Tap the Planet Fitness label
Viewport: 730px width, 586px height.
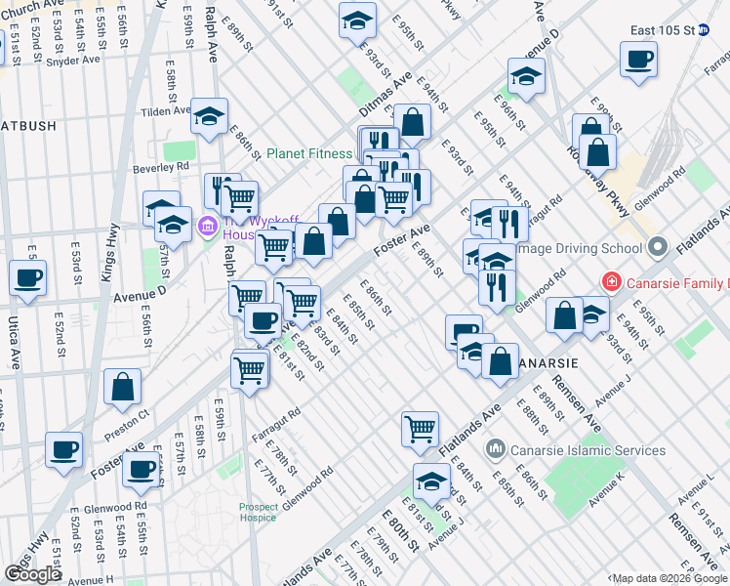309,153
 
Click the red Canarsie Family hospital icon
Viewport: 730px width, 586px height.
611,282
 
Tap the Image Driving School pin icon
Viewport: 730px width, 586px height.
656,245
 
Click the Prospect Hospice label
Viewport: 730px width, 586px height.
258,512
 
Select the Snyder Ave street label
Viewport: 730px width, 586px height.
73,60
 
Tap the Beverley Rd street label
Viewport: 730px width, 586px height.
160,167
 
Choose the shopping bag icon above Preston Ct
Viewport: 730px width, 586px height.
124,386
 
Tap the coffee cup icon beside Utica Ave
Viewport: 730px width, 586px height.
28,277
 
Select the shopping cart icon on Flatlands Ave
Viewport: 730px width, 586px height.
420,428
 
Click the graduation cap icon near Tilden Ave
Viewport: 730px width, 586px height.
209,116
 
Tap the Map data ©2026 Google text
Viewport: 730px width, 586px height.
669,578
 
